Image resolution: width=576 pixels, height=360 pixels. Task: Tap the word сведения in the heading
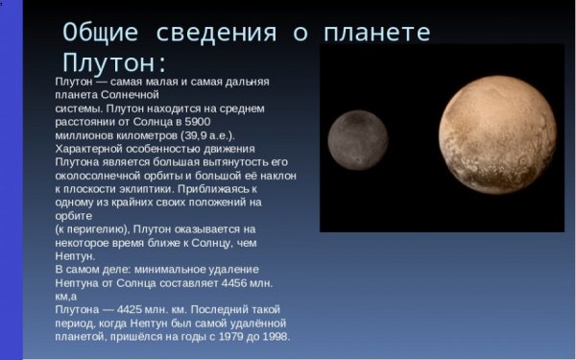(213, 31)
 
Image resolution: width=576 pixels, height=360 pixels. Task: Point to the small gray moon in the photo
(355, 137)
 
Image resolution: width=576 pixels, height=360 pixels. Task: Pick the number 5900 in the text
(196, 122)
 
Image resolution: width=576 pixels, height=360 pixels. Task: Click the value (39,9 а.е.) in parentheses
(209, 135)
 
